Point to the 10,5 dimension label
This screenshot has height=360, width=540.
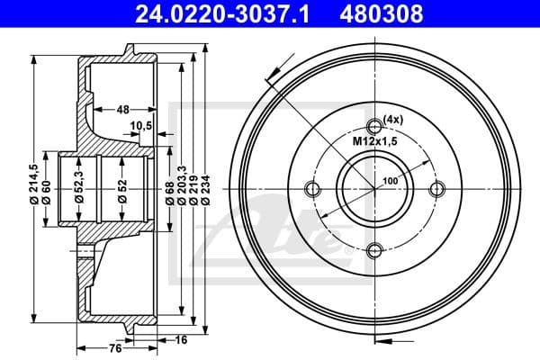click(140, 125)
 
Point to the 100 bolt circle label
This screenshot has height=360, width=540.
click(390, 181)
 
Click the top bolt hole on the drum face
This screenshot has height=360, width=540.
click(375, 126)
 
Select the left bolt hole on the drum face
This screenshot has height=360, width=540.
click(312, 189)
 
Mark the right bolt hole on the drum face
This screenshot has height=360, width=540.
click(438, 189)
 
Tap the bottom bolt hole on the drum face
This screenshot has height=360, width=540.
click(375, 252)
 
